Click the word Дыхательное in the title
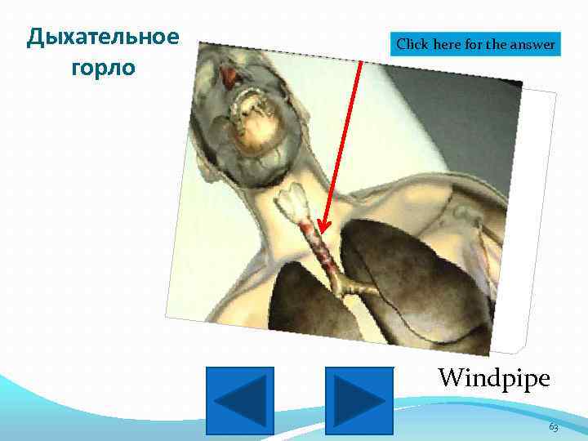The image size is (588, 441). tap(102, 38)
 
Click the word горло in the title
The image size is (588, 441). tap(102, 66)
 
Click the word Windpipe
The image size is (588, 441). tap(493, 377)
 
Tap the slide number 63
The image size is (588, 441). tap(553, 427)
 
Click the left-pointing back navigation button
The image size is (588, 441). tap(239, 399)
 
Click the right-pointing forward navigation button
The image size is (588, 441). tap(359, 399)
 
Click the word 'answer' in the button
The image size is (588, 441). tap(533, 45)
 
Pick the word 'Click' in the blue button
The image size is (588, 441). tap(412, 45)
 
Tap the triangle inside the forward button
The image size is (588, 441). tap(360, 399)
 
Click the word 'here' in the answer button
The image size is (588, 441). tap(448, 45)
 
